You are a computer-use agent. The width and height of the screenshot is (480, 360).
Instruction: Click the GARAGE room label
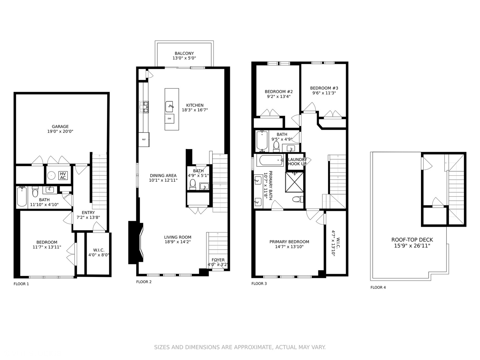60,127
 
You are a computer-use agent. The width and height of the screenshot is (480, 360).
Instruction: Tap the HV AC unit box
63,176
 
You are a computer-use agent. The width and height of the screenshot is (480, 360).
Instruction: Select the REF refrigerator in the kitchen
144,139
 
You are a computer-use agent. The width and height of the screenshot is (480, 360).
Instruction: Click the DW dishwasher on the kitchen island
169,118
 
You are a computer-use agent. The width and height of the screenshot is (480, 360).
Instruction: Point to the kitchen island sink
170,107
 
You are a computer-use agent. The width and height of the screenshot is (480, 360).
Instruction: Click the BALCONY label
184,53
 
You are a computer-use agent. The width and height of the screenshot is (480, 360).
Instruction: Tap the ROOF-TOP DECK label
412,240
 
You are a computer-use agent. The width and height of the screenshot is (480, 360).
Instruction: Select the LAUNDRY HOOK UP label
297,162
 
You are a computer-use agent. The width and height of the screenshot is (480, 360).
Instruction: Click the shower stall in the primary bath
295,182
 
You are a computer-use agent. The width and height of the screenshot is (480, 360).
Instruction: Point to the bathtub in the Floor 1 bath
22,197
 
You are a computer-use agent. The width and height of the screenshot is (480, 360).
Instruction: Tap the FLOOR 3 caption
259,284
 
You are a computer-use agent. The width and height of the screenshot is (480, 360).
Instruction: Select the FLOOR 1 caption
21,284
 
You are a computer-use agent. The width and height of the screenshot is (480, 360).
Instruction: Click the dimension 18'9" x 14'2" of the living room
177,242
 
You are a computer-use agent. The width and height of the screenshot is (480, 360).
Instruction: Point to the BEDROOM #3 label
324,88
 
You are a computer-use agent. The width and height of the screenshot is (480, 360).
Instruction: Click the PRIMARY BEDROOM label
289,242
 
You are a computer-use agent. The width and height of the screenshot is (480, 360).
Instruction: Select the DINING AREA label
163,176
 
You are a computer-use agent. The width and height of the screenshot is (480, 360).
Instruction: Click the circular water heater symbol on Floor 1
51,175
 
